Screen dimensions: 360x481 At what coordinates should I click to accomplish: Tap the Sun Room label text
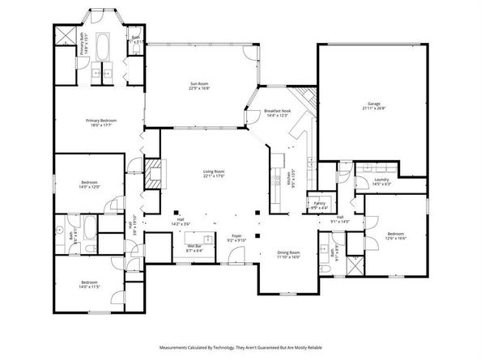199,84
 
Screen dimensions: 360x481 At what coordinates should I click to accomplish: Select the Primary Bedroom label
102,121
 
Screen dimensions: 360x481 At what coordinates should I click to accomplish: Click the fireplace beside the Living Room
151,173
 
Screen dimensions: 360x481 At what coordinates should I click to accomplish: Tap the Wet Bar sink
209,239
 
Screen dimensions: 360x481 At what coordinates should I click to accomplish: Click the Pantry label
319,204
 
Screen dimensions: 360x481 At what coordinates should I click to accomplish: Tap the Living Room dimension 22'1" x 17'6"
213,176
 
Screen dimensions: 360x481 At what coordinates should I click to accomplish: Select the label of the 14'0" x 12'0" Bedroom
89,183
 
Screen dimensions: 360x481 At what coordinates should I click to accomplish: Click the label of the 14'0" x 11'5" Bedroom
89,283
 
